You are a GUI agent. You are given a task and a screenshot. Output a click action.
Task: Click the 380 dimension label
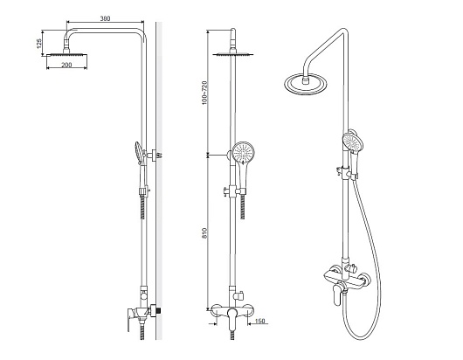[x=105, y=18]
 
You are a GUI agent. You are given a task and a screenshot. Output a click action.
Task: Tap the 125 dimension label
[x=39, y=43]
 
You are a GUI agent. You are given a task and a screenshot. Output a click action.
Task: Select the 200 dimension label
[x=66, y=65]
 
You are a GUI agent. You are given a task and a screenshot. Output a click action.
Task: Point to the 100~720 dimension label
[x=204, y=93]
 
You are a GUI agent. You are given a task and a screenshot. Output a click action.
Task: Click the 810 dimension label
[x=204, y=233]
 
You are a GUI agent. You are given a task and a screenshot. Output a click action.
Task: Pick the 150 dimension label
[x=259, y=321]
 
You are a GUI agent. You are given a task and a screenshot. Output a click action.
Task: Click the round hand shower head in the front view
[x=243, y=152]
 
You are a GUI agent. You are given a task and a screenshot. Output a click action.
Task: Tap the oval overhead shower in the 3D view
[x=306, y=84]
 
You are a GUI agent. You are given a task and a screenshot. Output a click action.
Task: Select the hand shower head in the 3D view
[x=353, y=142]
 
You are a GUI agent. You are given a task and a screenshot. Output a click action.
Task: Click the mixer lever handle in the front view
[x=232, y=319]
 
